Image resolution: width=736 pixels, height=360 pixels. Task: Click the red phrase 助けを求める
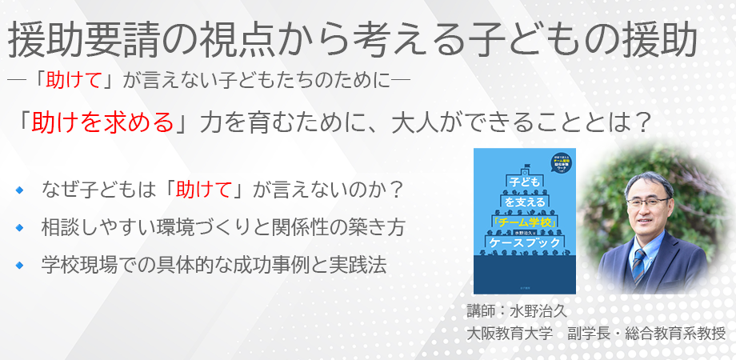[x=98, y=122]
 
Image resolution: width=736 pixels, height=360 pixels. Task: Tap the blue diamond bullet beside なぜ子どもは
[x=19, y=190]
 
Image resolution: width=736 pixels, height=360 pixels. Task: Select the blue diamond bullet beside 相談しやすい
[x=19, y=228]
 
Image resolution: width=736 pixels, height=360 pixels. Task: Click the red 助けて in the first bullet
[x=204, y=190]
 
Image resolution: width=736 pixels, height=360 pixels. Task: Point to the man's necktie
[x=639, y=265]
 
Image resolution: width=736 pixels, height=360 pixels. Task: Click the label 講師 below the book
[x=482, y=310]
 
